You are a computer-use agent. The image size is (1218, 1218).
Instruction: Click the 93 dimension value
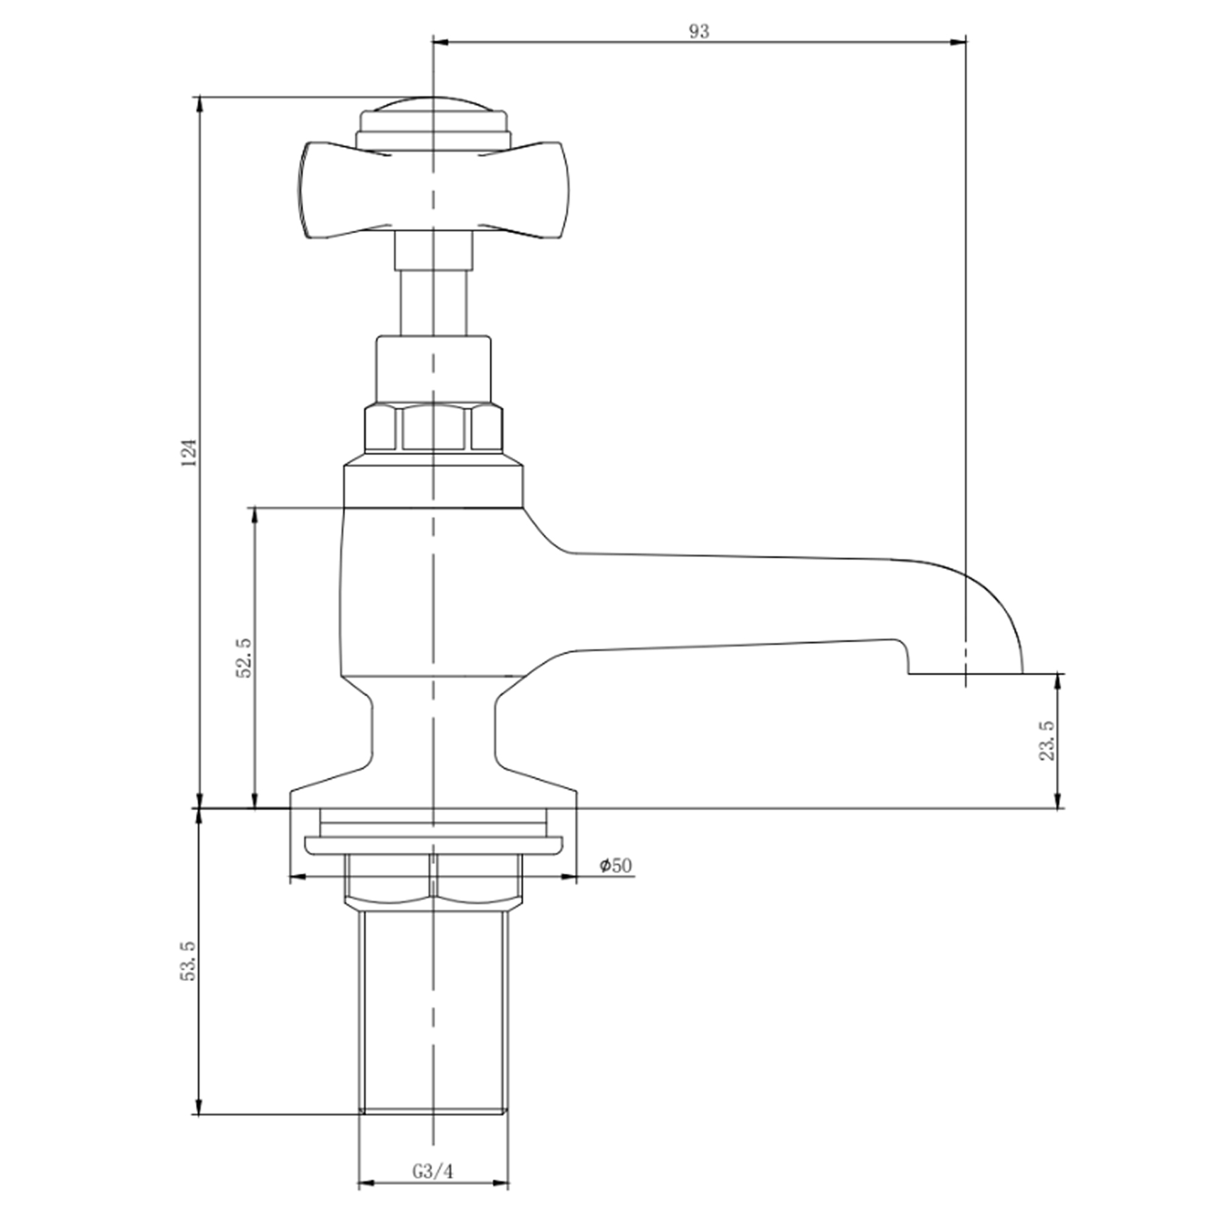[699, 32]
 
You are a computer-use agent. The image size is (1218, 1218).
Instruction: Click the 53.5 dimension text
[189, 961]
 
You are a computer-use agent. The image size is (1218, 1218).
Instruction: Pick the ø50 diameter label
[615, 865]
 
